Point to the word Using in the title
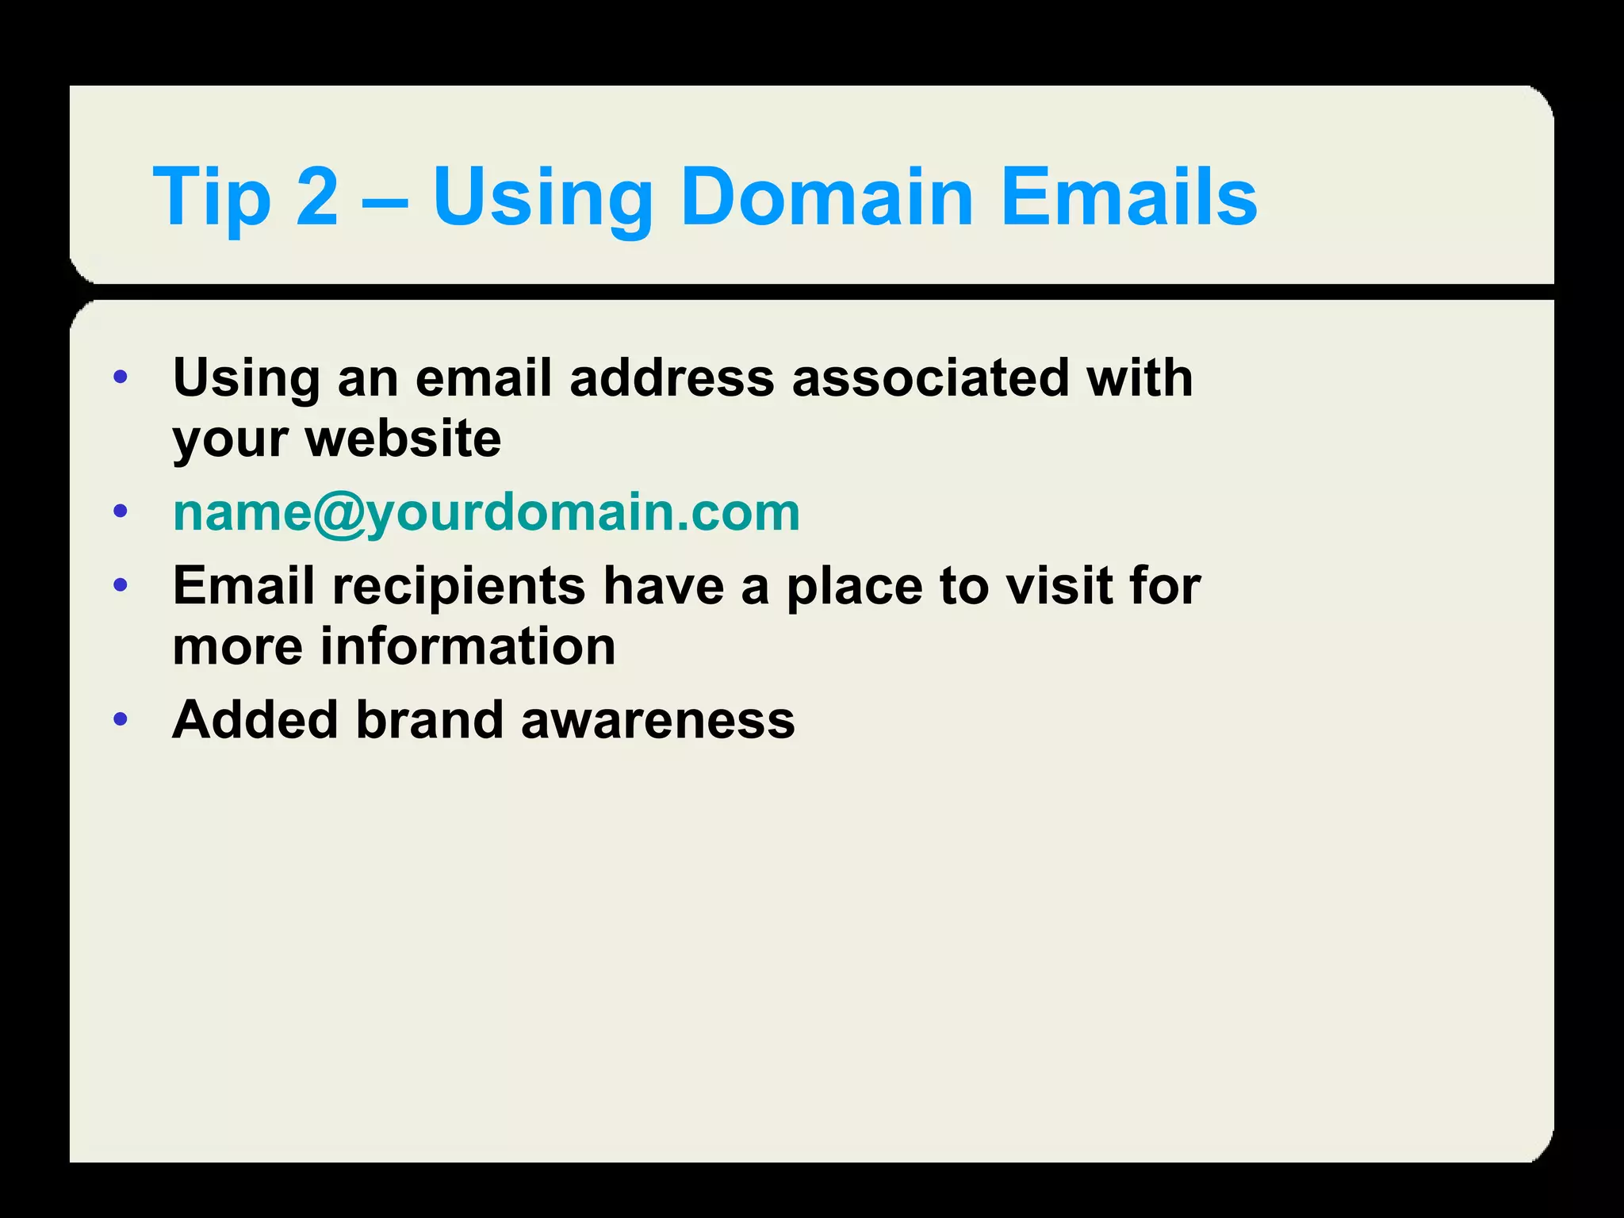[x=542, y=198]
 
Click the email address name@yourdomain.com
[x=486, y=512]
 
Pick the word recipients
[x=458, y=586]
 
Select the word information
[x=468, y=645]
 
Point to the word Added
[x=255, y=719]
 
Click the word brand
[x=429, y=719]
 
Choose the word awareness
[x=657, y=721]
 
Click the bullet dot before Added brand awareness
[x=121, y=720]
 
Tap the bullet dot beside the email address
[x=121, y=511]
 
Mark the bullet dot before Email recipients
[x=121, y=586]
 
